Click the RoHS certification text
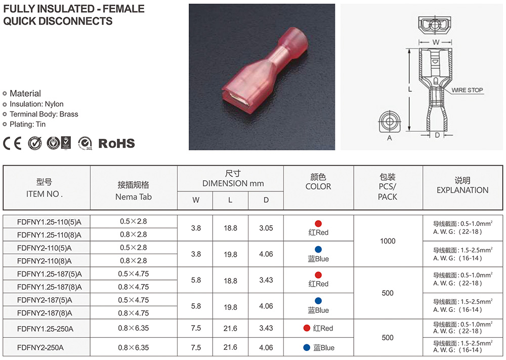point(116,143)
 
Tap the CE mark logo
point(12,143)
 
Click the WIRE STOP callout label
point(467,90)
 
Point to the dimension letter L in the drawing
point(410,90)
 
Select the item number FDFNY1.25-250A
point(45,329)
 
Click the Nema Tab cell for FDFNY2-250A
point(133,348)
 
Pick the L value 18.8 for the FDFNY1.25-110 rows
point(230,228)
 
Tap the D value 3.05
point(266,228)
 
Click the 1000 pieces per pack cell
point(388,241)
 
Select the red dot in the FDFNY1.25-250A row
point(307,328)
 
